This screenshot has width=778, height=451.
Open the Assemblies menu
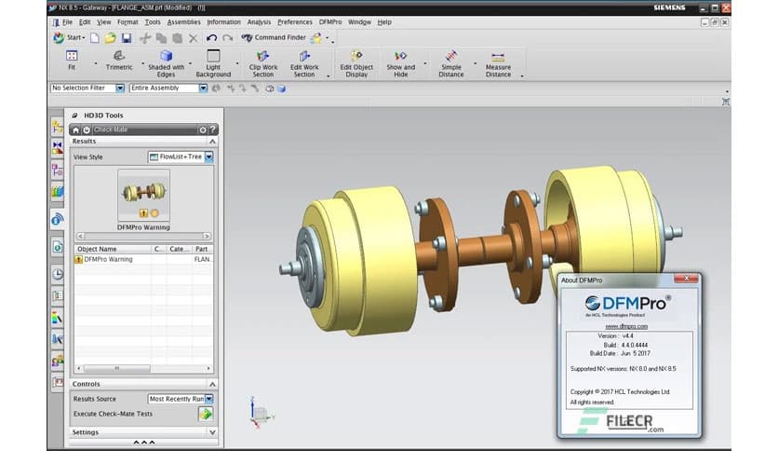point(183,21)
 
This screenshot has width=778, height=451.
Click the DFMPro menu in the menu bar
point(329,21)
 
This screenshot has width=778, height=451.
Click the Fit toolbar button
point(71,61)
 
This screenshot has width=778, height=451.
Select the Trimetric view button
point(119,61)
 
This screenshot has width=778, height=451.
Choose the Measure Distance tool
point(498,61)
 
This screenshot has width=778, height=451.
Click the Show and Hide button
point(400,61)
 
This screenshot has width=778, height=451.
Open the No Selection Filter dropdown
point(87,89)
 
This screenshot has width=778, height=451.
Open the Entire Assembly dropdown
point(168,89)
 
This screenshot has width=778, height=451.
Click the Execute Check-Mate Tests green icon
point(205,413)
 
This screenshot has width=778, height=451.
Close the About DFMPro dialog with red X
point(688,279)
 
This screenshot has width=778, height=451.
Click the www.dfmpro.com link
point(626,326)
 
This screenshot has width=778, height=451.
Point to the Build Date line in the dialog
point(626,354)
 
